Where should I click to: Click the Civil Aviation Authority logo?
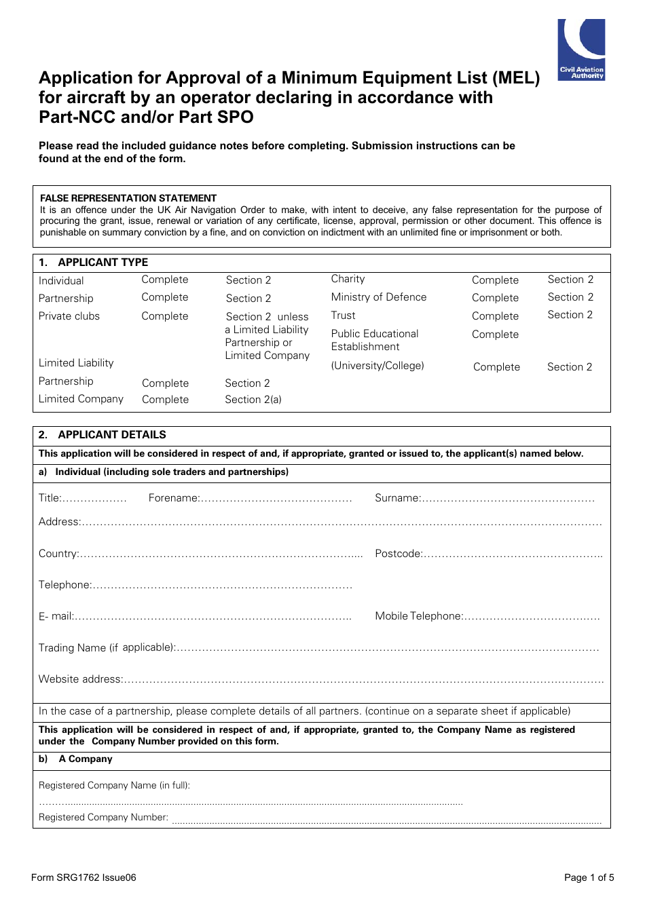tap(581, 50)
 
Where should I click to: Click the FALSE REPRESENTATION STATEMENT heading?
tap(128, 198)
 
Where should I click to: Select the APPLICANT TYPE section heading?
tap(103, 263)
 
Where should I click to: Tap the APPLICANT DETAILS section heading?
tap(111, 435)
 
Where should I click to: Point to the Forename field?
tap(276, 499)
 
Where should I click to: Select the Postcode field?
tap(512, 554)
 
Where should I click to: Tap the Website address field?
tap(363, 680)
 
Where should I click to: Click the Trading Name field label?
tap(107, 648)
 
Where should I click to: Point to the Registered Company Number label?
tap(103, 818)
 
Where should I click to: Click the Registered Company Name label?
tap(114, 786)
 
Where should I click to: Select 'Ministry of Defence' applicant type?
tap(379, 297)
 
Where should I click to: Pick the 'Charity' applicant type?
tap(348, 279)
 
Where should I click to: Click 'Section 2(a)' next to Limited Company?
tap(253, 400)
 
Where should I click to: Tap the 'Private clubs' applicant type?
tap(69, 316)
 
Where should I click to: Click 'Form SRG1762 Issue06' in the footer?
tap(84, 877)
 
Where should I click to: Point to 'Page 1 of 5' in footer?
tap(589, 877)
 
